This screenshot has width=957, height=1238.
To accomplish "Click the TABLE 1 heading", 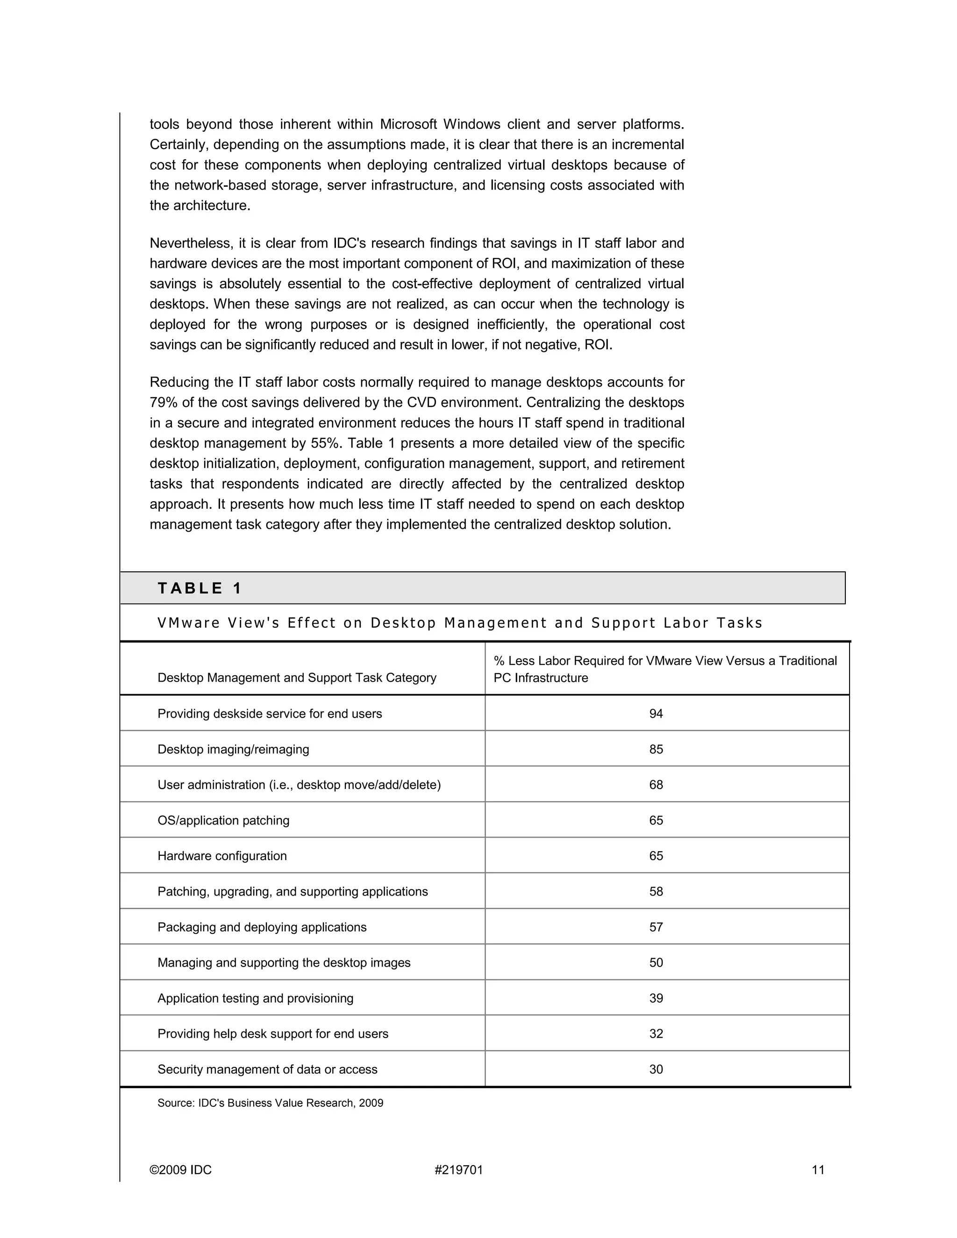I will point(200,588).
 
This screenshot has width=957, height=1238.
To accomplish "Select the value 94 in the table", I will point(656,714).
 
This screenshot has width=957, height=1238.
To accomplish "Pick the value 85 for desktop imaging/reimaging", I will point(656,749).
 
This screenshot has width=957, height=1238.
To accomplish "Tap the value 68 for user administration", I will point(656,785).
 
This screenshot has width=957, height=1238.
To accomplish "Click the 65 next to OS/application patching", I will point(656,820).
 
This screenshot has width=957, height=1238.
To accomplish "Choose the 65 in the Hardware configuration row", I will point(656,856).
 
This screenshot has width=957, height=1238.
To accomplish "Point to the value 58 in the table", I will point(656,892).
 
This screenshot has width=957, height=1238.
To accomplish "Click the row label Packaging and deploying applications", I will point(262,927).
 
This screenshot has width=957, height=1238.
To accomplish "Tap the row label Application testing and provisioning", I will point(255,998).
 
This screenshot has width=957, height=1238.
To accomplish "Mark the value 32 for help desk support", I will point(656,1034).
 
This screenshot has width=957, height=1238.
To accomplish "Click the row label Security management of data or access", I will point(267,1070).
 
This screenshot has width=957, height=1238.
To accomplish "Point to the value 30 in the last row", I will point(656,1070).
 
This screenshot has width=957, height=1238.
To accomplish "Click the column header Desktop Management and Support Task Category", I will point(297,678).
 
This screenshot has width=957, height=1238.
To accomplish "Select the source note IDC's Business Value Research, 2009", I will point(271,1103).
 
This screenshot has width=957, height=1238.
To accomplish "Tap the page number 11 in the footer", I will point(818,1170).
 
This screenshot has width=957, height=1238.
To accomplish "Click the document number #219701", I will point(459,1170).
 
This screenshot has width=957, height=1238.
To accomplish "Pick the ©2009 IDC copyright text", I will point(180,1170).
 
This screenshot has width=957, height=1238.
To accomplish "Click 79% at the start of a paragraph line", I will point(162,402).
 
